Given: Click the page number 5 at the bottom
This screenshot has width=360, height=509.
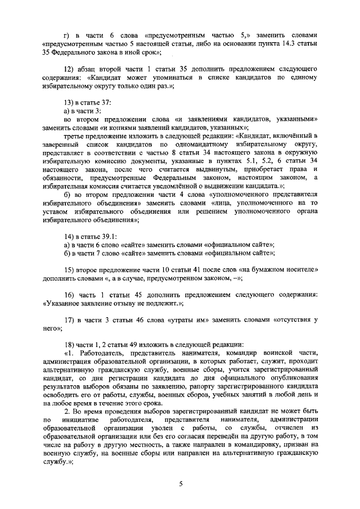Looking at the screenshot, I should pyautogui.click(x=181, y=483).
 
